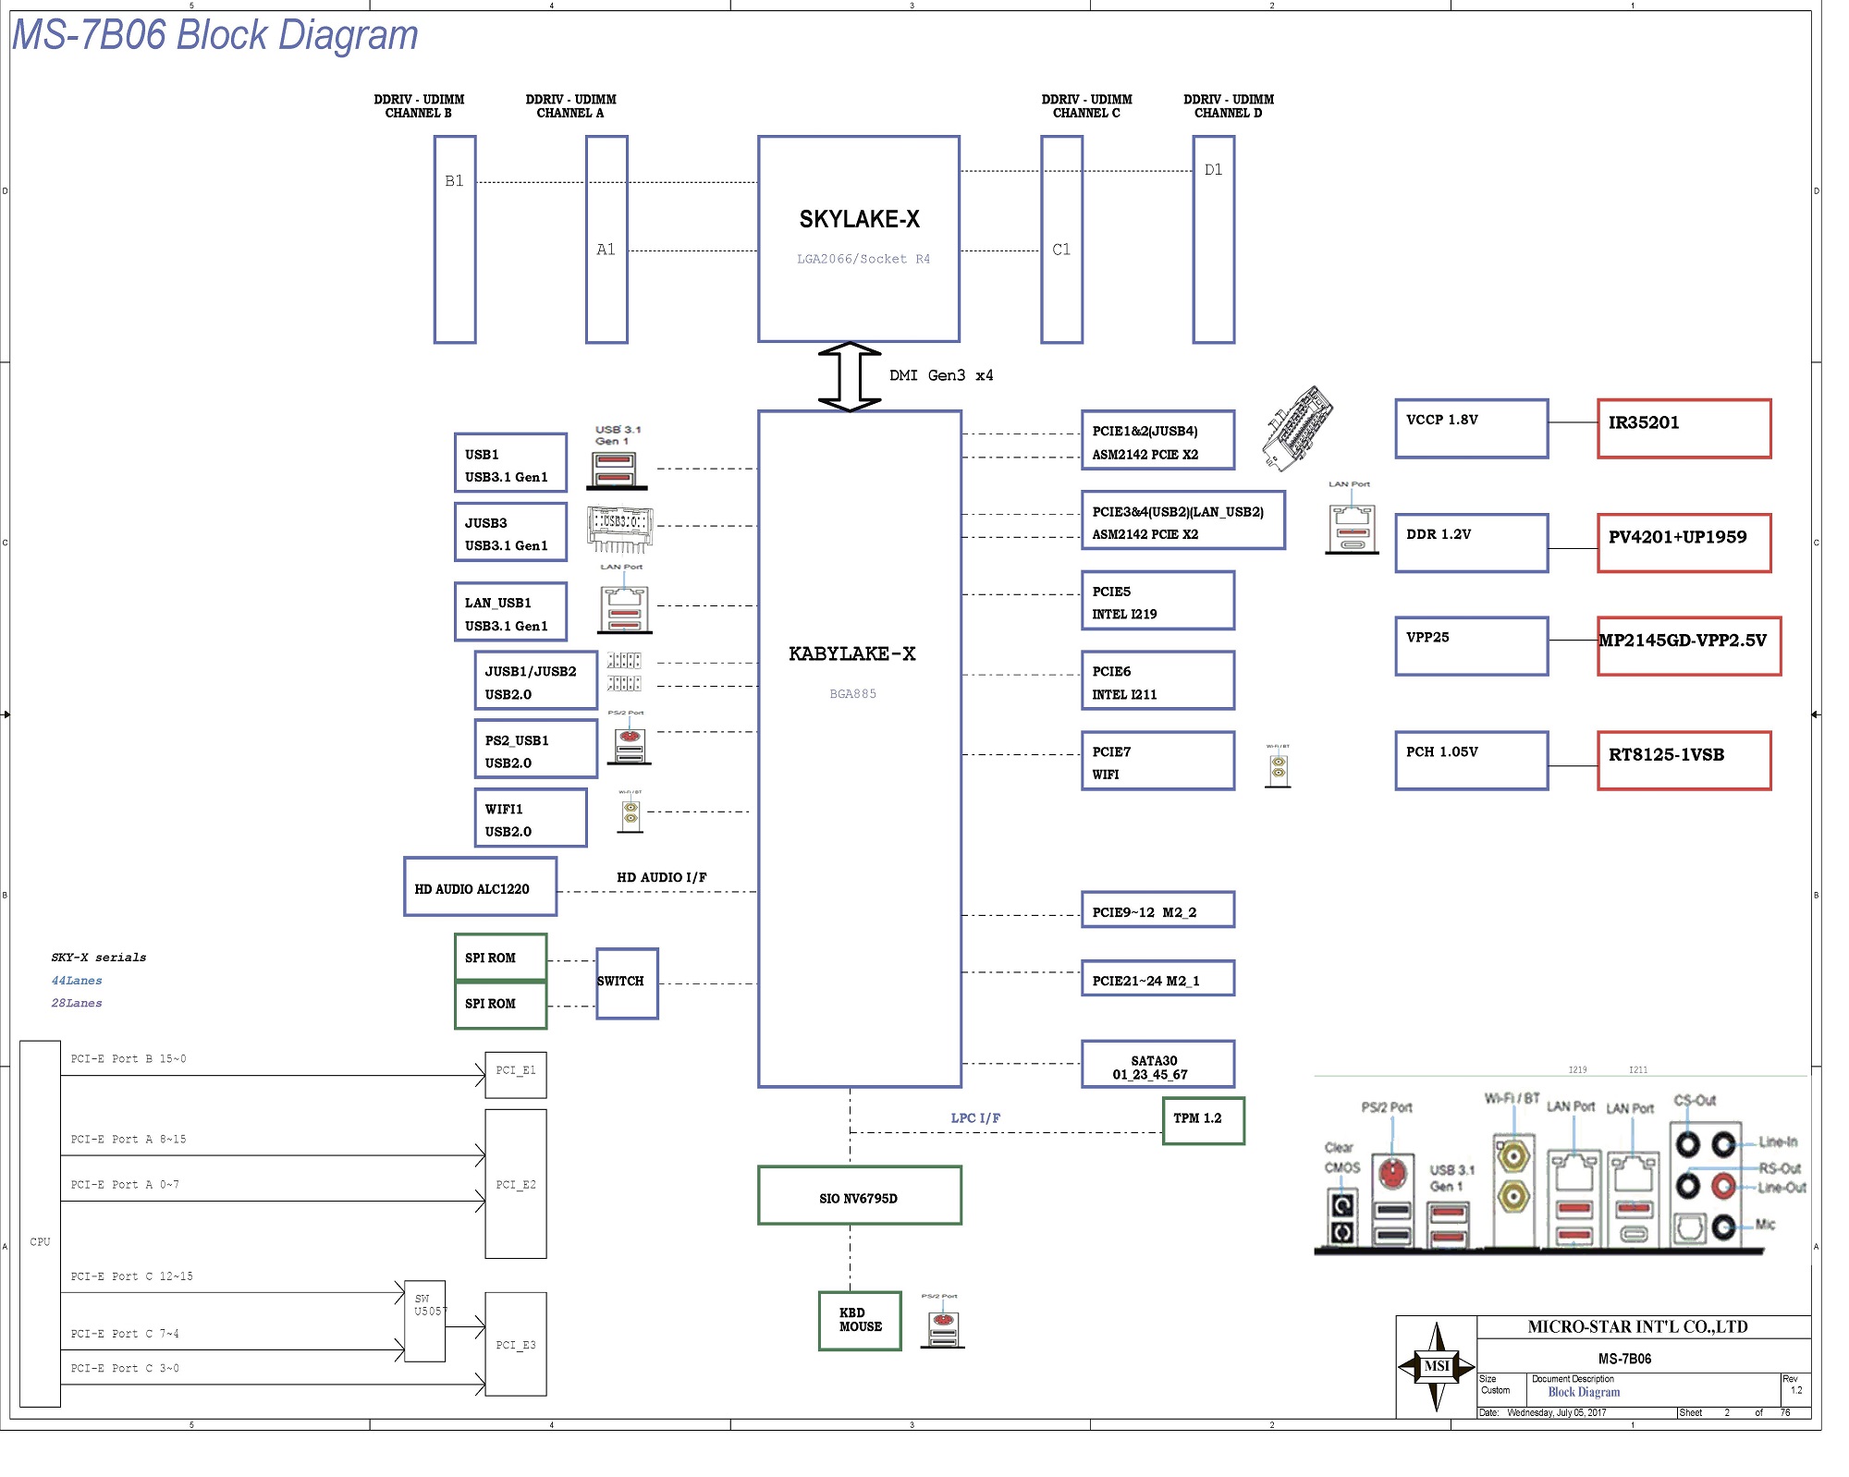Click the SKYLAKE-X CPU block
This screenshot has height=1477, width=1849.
point(858,238)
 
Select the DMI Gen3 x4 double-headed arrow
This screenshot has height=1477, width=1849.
point(849,376)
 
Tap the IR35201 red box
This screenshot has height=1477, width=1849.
point(1684,428)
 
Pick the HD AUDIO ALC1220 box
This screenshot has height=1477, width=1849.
point(480,886)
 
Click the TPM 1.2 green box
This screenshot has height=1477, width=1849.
point(1203,1120)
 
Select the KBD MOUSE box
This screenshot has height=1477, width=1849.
point(859,1320)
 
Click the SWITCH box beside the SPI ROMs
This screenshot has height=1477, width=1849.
point(627,983)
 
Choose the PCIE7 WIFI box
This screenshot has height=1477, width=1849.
point(1157,761)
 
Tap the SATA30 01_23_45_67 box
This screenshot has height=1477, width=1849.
point(1157,1065)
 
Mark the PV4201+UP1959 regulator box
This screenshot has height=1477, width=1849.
point(1684,543)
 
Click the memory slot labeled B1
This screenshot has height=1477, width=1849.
point(455,239)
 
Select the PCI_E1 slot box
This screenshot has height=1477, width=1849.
point(516,1074)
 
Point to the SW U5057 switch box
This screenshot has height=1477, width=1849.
point(425,1320)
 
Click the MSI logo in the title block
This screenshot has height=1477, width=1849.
point(1436,1366)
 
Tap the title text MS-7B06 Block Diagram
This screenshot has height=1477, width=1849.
point(214,35)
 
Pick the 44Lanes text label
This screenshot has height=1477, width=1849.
point(77,981)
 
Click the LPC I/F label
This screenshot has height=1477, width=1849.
point(975,1117)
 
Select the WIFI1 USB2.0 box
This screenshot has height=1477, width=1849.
point(530,818)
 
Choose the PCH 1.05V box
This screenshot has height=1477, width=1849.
point(1471,761)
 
